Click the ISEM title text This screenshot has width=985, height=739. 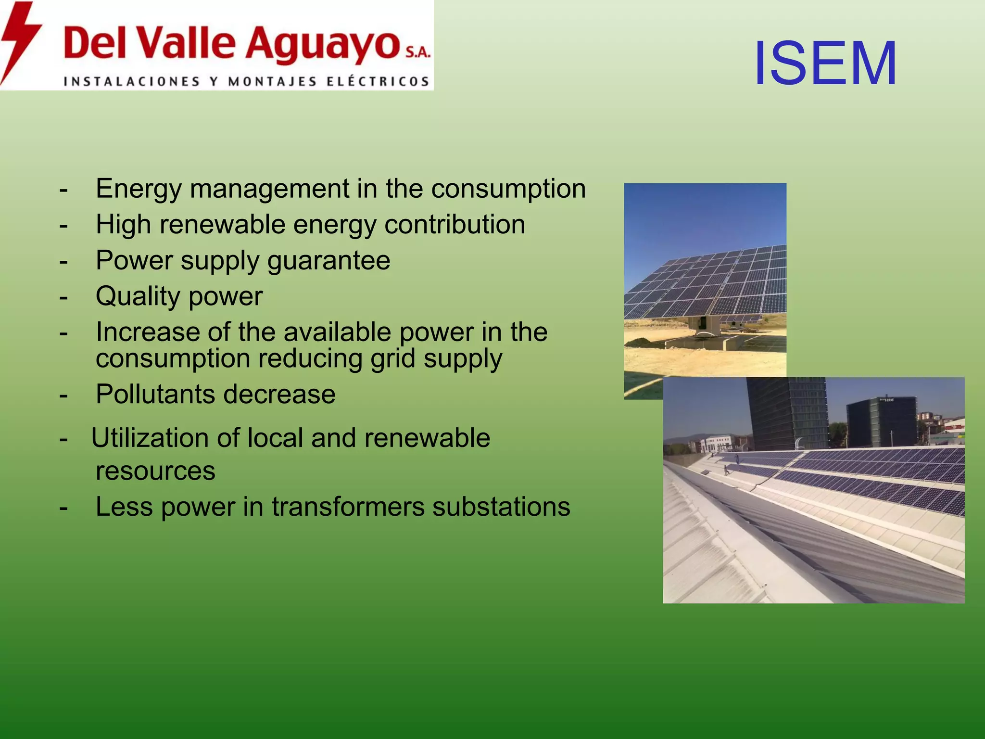coord(825,64)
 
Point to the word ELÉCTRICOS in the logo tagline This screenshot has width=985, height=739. coord(378,82)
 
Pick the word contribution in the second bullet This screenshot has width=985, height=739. coord(455,225)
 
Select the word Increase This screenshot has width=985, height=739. coord(147,332)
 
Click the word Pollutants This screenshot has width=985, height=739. coord(155,395)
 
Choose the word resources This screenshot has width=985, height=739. coord(155,471)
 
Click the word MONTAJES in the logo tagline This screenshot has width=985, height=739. coord(272,82)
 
